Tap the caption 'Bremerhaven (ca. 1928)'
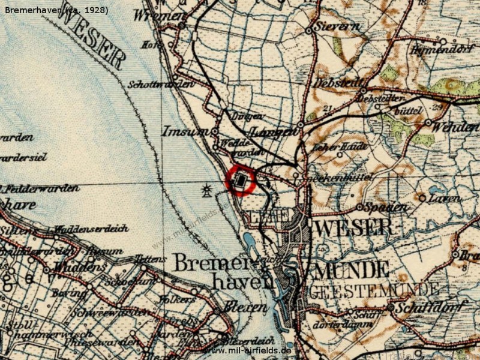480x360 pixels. pyautogui.click(x=55, y=10)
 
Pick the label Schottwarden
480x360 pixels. pyautogui.click(x=161, y=85)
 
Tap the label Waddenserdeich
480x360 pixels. pyautogui.click(x=83, y=229)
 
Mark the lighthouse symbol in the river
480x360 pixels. pyautogui.click(x=208, y=190)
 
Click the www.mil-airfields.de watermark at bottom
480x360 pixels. pyautogui.click(x=248, y=350)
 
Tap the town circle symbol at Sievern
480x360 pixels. pyautogui.click(x=308, y=30)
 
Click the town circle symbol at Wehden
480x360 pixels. pyautogui.click(x=428, y=122)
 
